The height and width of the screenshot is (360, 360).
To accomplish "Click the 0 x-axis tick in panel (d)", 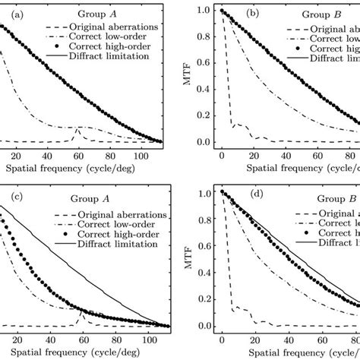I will (221, 339).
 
